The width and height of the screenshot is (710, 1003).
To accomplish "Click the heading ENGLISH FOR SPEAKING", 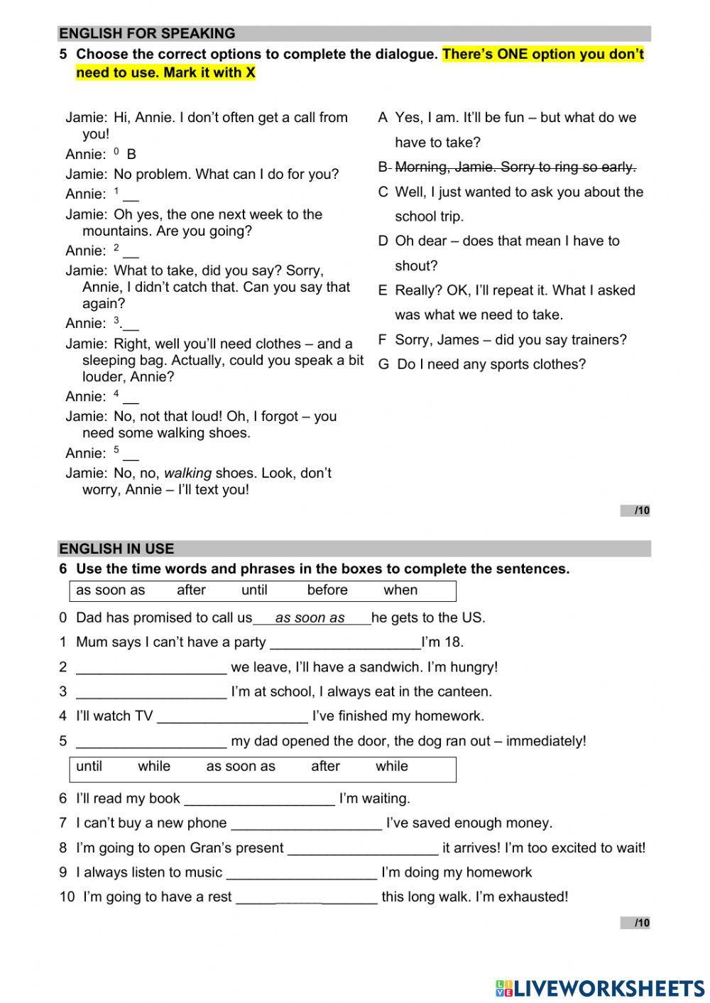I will click(147, 33).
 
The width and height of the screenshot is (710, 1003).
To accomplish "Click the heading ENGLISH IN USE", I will click(116, 548).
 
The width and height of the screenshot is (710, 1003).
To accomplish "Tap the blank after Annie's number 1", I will click(131, 195).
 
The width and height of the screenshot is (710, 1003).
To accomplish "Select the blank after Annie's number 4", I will click(131, 398).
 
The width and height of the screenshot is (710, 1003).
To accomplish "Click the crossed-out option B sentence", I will click(515, 167).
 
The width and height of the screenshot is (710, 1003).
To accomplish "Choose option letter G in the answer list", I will click(383, 365).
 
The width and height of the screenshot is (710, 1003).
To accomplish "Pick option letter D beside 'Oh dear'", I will click(383, 241).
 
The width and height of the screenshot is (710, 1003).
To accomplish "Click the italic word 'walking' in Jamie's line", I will click(187, 473).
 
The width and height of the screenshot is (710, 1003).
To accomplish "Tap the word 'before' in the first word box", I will click(327, 590).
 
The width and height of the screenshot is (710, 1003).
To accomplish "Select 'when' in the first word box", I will click(400, 590).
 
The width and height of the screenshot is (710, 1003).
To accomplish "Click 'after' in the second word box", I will click(325, 767).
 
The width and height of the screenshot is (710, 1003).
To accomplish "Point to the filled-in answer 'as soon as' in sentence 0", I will click(310, 618).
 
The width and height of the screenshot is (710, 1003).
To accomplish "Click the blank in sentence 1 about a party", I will click(346, 643).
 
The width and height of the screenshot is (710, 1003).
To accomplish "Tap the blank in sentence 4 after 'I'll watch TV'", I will click(232, 717).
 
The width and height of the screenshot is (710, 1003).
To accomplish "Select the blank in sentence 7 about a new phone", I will click(306, 824).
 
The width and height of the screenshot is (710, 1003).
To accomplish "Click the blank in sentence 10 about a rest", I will click(306, 898).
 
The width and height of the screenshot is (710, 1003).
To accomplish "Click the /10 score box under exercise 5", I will click(635, 510).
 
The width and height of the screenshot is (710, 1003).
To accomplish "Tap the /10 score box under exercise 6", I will click(635, 923).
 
